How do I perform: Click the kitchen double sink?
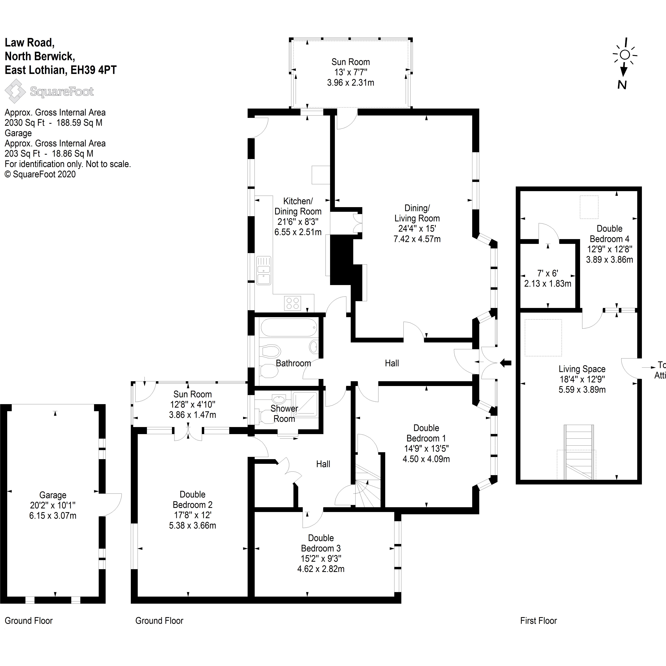point(264,271)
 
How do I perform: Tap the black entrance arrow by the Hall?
point(506,363)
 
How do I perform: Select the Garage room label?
point(53,495)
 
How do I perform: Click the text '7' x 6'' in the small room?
point(547,273)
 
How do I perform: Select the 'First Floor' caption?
point(538,620)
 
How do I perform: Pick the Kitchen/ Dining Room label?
point(298,206)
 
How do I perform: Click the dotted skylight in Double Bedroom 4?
point(589,207)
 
